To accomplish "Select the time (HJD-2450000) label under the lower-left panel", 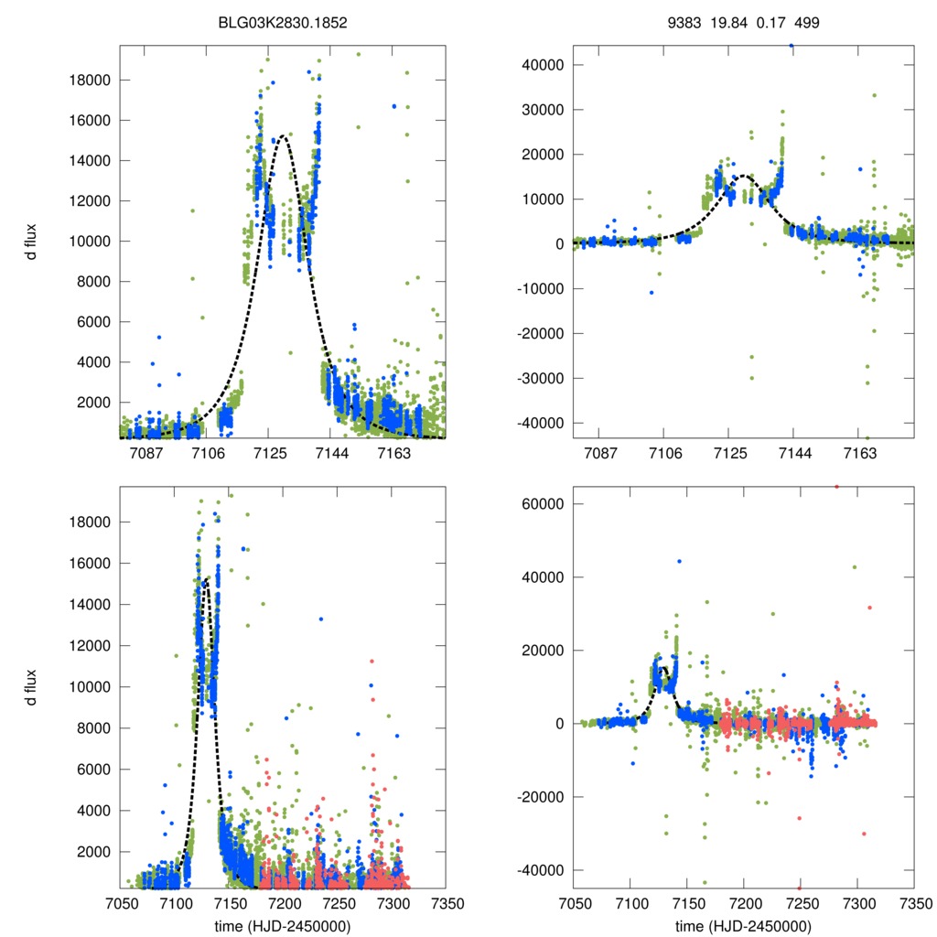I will tap(282, 926).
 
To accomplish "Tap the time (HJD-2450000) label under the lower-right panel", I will tap(743, 926).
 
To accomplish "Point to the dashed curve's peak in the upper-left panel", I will tap(283, 136).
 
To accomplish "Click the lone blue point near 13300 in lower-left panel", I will tap(321, 619).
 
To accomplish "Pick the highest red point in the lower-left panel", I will tap(372, 661).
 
